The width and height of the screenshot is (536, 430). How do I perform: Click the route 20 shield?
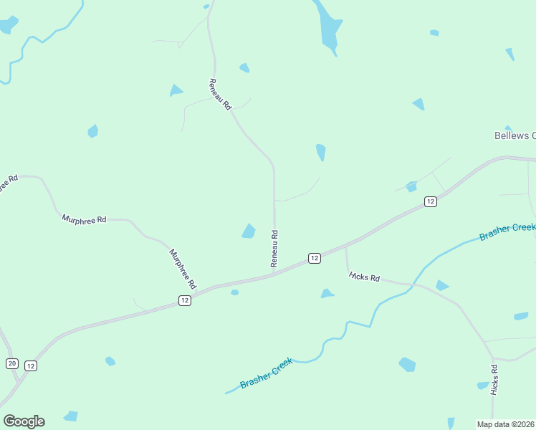click(x=11, y=363)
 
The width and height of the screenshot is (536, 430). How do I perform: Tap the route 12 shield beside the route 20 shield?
click(x=30, y=365)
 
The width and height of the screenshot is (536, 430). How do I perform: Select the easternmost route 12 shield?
click(x=430, y=202)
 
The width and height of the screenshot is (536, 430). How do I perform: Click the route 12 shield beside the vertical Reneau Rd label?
click(x=314, y=258)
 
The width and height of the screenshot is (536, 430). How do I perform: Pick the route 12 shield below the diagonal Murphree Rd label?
click(x=185, y=301)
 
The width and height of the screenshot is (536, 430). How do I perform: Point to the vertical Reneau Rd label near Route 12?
click(x=274, y=248)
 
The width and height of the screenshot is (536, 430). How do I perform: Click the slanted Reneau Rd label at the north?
click(x=221, y=94)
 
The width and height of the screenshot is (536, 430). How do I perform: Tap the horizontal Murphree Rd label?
click(x=84, y=219)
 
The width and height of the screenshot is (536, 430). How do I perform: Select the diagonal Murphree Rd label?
click(x=183, y=269)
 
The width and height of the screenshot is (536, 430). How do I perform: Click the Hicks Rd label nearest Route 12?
click(x=365, y=277)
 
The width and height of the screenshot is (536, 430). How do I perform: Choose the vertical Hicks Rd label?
click(x=494, y=380)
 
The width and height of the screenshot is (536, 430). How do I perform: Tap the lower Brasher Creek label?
click(x=267, y=373)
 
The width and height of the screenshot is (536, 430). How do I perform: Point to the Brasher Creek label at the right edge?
click(x=507, y=232)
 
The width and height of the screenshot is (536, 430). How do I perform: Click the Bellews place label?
click(x=515, y=135)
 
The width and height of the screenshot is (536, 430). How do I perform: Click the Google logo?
click(x=24, y=421)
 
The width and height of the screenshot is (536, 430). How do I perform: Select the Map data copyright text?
click(x=505, y=424)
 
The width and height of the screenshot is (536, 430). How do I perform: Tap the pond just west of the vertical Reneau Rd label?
click(x=249, y=231)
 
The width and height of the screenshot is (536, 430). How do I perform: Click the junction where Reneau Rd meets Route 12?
click(x=274, y=273)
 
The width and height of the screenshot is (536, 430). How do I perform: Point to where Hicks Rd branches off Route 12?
click(x=346, y=247)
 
